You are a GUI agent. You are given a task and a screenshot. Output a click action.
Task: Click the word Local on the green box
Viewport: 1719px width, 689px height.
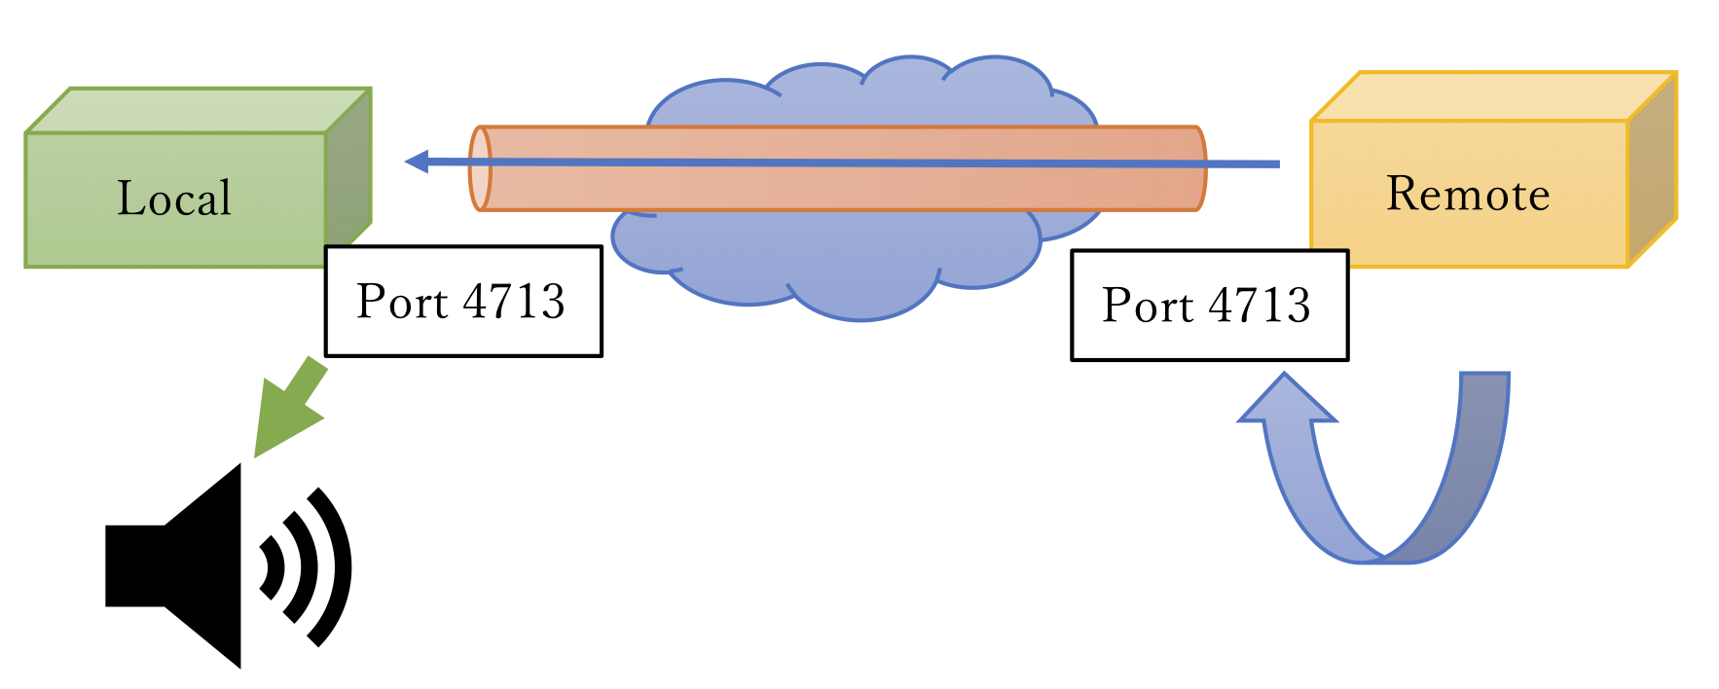(174, 199)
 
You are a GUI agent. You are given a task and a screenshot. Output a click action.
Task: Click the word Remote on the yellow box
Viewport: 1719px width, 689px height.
(1467, 194)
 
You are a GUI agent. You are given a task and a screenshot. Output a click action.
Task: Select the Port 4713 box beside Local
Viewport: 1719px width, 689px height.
(463, 301)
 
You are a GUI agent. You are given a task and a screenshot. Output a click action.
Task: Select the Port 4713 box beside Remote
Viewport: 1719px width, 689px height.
(1209, 306)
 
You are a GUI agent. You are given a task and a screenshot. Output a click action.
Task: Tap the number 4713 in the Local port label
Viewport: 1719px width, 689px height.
(513, 301)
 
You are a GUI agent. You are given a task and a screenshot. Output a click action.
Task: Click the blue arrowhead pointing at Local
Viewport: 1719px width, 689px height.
(417, 162)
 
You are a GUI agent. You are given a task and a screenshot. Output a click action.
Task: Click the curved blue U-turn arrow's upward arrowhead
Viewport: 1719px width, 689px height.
(1286, 401)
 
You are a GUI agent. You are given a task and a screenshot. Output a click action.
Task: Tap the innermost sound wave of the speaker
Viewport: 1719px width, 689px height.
(272, 565)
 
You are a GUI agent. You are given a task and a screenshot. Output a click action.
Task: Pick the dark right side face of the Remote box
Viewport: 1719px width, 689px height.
(1652, 171)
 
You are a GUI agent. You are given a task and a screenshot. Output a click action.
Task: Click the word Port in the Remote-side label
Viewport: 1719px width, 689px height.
(1147, 306)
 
